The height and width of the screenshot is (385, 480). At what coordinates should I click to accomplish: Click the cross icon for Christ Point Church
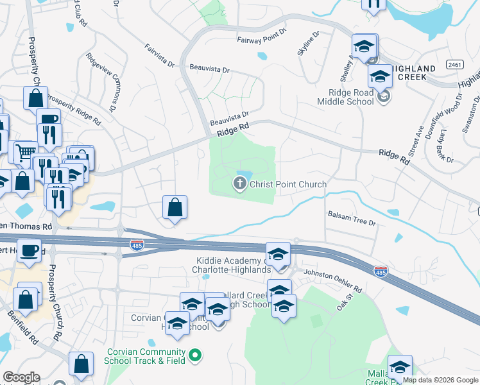pyautogui.click(x=240, y=185)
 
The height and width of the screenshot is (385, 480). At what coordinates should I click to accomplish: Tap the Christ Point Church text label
pyautogui.click(x=287, y=185)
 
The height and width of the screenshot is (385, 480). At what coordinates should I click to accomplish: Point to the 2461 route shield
pyautogui.click(x=455, y=65)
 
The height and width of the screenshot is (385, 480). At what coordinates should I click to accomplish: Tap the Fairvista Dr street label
pyautogui.click(x=160, y=55)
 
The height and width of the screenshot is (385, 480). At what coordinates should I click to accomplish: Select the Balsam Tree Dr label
pyautogui.click(x=351, y=218)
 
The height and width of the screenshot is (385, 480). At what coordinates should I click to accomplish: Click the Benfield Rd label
pyautogui.click(x=22, y=325)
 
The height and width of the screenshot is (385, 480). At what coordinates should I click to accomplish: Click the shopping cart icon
pyautogui.click(x=24, y=153)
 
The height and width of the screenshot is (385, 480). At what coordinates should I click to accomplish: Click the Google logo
pyautogui.click(x=21, y=377)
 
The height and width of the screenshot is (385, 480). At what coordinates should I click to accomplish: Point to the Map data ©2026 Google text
pyautogui.click(x=440, y=380)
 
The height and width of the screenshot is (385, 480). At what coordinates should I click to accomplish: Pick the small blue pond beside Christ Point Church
pyautogui.click(x=244, y=175)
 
